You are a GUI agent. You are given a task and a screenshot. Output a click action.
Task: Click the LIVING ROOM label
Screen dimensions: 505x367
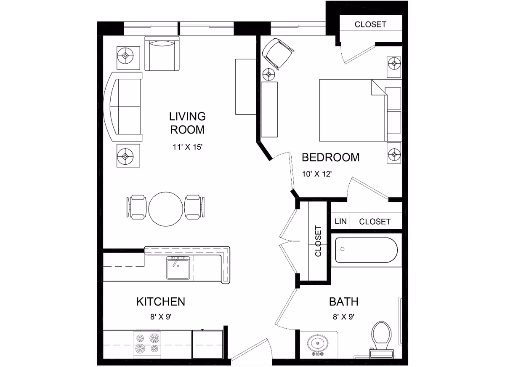pos(187,123)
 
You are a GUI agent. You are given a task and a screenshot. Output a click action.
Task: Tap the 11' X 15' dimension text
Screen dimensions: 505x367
pos(188,147)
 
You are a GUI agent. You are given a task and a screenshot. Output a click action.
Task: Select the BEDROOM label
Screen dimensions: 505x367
pos(330,157)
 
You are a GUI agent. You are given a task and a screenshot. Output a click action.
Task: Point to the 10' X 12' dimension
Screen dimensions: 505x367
pos(317,174)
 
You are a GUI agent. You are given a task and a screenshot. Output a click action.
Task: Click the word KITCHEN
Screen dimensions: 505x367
pos(161,302)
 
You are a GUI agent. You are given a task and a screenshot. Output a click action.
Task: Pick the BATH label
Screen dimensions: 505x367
pos(344,302)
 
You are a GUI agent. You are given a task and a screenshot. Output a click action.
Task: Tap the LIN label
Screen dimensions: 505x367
pos(340,221)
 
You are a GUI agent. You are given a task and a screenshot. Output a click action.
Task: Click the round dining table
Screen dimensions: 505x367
pos(166,209)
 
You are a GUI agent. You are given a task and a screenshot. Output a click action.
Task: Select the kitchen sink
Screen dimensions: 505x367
pos(178,268)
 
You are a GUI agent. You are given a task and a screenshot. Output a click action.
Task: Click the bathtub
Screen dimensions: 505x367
pos(367,250)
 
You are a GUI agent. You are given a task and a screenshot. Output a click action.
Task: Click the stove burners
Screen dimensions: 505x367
pos(147,343)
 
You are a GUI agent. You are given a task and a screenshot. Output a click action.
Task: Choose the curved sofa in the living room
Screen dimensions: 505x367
pos(123,107)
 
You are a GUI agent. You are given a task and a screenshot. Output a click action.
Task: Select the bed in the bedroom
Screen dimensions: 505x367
pos(360,110)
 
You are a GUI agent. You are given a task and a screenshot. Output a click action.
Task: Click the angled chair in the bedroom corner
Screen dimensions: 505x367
pos(278,53)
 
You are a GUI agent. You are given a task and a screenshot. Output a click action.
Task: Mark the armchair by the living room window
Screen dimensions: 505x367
pos(162,53)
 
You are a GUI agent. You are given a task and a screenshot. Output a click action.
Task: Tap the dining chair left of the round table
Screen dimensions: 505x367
pos(136,207)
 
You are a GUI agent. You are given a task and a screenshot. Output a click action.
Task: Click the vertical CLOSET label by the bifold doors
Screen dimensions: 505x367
pos(318,241)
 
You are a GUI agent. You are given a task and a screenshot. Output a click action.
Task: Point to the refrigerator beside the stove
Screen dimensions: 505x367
pos(207,344)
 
